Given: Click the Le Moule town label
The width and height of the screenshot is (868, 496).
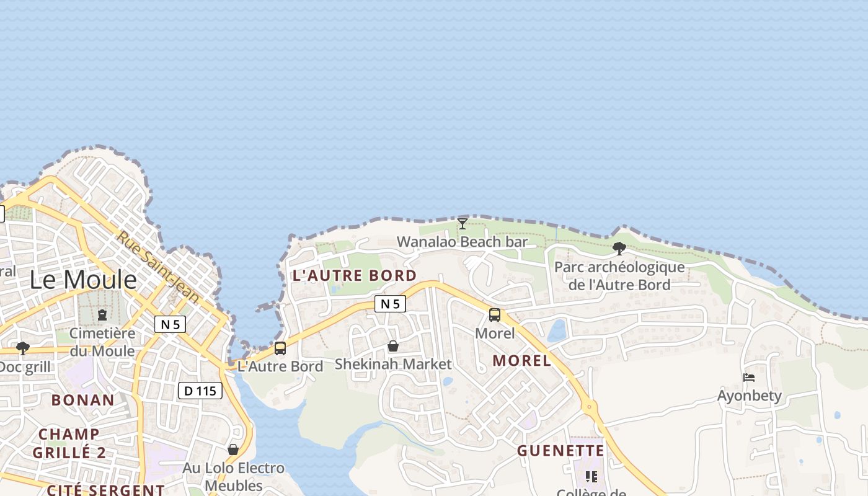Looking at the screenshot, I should [83, 280].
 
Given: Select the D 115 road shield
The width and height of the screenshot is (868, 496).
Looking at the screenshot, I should [200, 391].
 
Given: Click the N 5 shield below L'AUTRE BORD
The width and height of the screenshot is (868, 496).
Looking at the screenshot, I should [390, 304].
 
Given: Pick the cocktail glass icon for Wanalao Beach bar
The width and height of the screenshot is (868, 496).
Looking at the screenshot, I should [462, 224].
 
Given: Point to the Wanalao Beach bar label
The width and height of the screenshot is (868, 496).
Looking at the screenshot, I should [462, 242].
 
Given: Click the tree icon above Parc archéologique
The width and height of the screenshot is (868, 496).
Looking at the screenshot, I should [619, 249].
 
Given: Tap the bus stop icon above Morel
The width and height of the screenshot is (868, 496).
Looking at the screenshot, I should [495, 315].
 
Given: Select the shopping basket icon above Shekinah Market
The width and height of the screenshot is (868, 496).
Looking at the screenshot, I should [393, 346].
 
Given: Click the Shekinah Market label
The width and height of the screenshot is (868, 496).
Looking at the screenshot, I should [393, 364].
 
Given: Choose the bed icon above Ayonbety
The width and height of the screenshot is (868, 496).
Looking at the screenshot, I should [749, 378].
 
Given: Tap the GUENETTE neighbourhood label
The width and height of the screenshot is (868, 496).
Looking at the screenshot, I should [560, 451].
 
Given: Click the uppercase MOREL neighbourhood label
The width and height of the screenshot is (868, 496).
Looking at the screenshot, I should [521, 361].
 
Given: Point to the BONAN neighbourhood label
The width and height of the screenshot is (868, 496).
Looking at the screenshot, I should [83, 400].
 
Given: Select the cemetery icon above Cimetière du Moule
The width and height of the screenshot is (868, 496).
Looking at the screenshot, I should [102, 315].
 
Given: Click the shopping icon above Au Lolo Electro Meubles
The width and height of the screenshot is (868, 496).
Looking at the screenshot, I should [233, 449].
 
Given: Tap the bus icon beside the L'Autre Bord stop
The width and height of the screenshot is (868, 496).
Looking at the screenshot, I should [280, 348].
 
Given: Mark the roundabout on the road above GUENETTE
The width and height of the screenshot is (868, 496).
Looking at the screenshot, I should [590, 408].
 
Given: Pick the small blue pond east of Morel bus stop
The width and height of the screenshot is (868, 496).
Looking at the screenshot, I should [557, 330].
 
